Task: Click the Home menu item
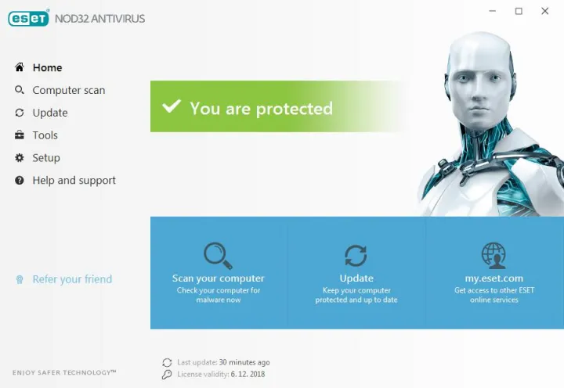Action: [x=47, y=68]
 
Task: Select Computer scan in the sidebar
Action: [x=68, y=91]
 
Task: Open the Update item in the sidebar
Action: [x=49, y=113]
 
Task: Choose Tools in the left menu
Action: [x=45, y=135]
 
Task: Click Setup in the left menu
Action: [x=45, y=158]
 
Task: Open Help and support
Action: [x=74, y=181]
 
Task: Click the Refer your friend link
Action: [x=72, y=279]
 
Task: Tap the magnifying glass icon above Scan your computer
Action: [x=217, y=255]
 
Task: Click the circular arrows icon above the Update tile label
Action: [x=356, y=256]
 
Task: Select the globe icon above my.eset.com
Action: [x=493, y=255]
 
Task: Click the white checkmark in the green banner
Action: [x=172, y=107]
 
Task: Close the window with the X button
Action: [x=545, y=11]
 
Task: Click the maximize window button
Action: [x=519, y=11]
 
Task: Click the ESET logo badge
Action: [x=28, y=18]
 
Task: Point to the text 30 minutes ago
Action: [x=244, y=362]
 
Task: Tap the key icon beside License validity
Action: [x=166, y=375]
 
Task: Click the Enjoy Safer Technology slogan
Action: [x=64, y=372]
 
